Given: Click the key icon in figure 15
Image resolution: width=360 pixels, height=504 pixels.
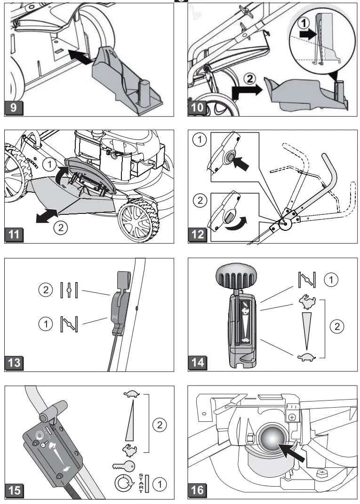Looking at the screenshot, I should click(x=126, y=466).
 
